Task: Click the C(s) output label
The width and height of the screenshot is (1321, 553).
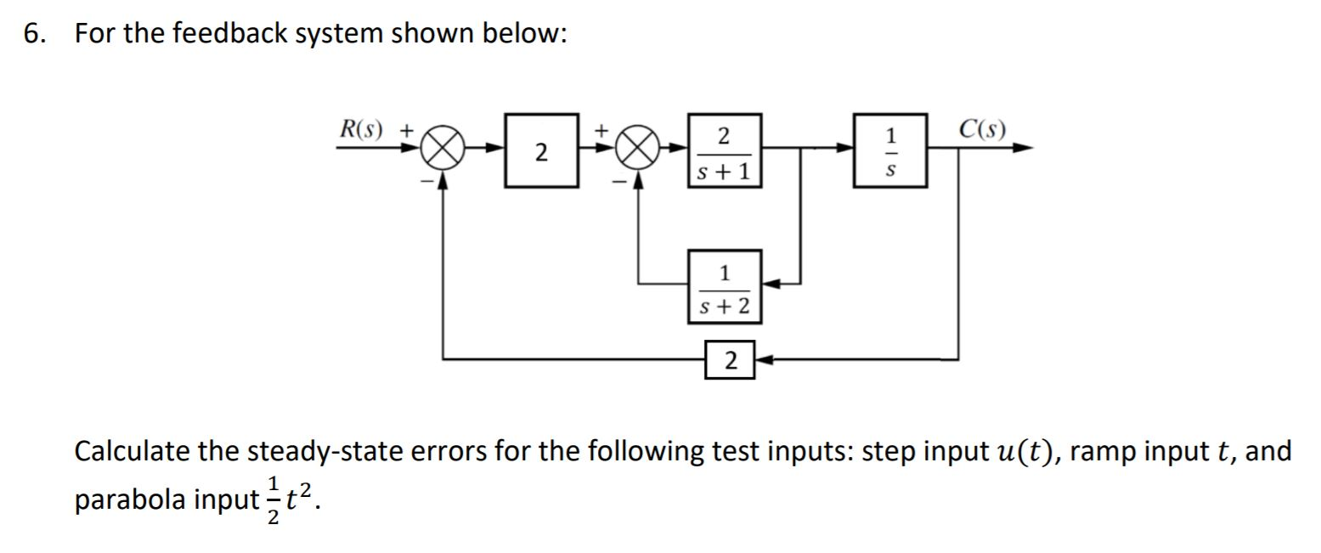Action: [x=982, y=129]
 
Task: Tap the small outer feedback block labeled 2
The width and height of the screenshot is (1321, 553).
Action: [x=730, y=360]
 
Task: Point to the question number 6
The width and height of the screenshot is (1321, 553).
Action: [x=32, y=34]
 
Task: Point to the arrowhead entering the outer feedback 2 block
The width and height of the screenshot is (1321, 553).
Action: [x=761, y=360]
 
